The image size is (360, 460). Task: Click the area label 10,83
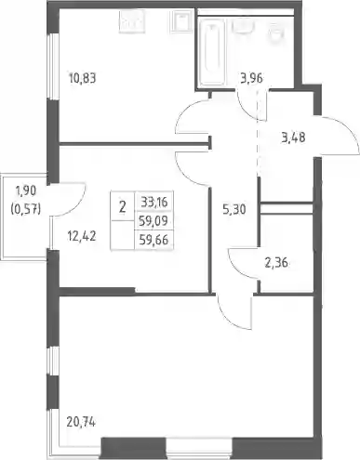[x=83, y=78]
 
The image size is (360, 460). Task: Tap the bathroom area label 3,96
[x=251, y=78]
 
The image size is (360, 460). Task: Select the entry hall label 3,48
[x=293, y=137]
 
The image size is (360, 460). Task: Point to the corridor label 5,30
[x=234, y=210]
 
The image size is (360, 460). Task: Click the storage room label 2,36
[x=276, y=263]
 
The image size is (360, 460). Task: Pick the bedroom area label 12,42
[x=82, y=237]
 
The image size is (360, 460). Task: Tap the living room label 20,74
[x=81, y=421]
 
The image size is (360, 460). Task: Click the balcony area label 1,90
[x=26, y=191]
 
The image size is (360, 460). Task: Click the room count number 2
[x=123, y=206]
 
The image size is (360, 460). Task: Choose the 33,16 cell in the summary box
[x=154, y=203]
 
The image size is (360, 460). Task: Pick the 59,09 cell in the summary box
[x=153, y=221]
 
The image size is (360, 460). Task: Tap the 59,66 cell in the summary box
[x=153, y=240]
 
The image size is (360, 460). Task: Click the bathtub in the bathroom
[x=212, y=52]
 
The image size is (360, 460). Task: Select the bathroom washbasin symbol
[x=243, y=26]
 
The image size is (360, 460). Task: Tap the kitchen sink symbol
[x=182, y=20]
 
